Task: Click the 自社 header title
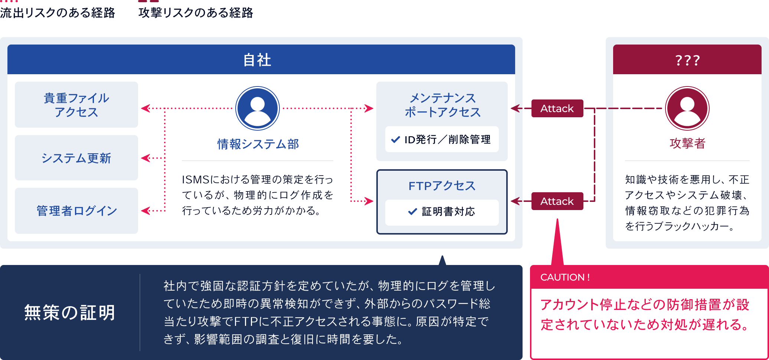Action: point(257,60)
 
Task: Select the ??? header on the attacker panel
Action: point(687,60)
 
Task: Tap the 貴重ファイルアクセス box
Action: point(76,105)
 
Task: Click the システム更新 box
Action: point(76,158)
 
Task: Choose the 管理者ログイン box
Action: point(76,211)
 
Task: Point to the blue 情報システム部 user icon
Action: point(257,108)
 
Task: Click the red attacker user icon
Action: point(687,108)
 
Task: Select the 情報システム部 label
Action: point(258,144)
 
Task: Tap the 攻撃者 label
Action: point(687,143)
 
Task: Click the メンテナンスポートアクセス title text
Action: point(442,105)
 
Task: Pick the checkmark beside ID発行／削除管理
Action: point(395,140)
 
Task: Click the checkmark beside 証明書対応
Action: point(412,212)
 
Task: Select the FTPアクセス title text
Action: point(442,186)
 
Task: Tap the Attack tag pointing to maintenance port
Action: point(557,108)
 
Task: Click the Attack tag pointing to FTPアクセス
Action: point(557,201)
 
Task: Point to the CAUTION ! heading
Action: point(565,277)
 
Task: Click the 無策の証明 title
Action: point(70,312)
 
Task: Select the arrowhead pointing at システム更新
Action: point(145,158)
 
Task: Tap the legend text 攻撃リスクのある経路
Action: point(196,13)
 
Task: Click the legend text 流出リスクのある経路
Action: point(58,13)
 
